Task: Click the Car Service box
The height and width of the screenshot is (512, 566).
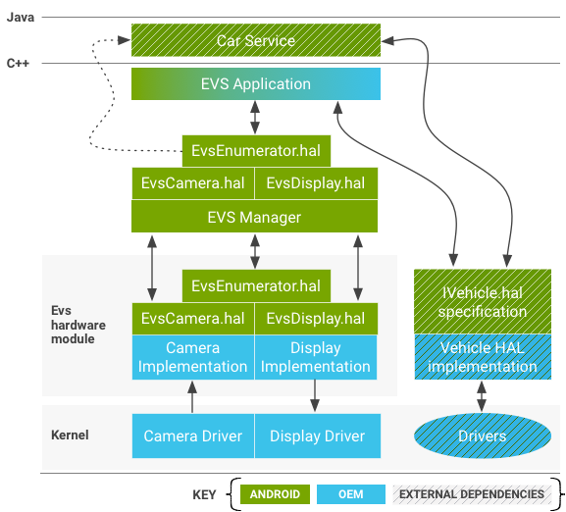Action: (x=255, y=41)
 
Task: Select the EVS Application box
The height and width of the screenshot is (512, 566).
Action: (x=255, y=84)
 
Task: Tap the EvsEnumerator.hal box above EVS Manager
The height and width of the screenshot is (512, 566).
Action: (x=255, y=151)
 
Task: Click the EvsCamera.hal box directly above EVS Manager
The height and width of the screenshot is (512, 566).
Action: (x=192, y=183)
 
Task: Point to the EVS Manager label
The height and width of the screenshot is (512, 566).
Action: (x=254, y=217)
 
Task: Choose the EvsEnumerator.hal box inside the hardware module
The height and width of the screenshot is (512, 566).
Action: (x=256, y=286)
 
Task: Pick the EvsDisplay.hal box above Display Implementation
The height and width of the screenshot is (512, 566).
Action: (x=316, y=319)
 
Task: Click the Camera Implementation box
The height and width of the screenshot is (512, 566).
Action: (x=192, y=357)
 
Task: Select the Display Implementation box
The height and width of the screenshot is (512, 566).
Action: (x=316, y=357)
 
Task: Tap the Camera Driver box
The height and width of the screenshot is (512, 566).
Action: (x=192, y=435)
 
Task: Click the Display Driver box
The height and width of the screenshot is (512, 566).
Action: (x=316, y=435)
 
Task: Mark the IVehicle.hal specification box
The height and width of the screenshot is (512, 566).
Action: (x=482, y=301)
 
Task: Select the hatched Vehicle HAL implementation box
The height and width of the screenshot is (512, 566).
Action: (x=482, y=357)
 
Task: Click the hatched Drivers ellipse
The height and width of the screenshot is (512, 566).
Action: (x=482, y=435)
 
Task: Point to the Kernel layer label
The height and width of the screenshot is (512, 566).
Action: (x=70, y=435)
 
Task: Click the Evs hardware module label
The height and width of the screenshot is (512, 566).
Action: (x=73, y=325)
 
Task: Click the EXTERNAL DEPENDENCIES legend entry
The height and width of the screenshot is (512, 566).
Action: (x=471, y=494)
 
